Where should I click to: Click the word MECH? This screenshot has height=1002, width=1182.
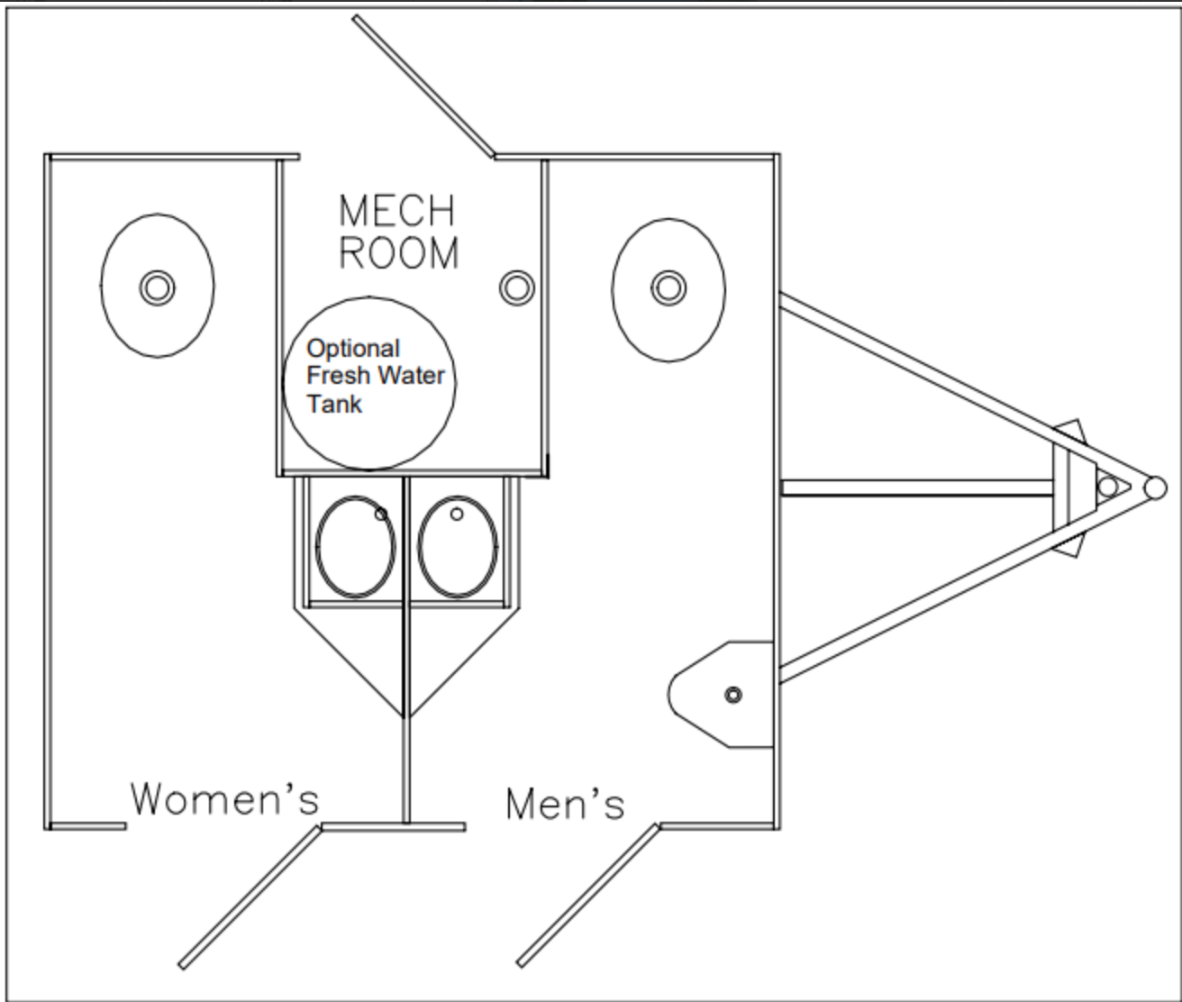[x=397, y=211]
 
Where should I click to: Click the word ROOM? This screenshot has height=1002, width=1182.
[x=399, y=253]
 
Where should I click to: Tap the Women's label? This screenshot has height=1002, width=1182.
[x=224, y=798]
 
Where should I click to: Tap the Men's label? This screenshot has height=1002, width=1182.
[x=565, y=804]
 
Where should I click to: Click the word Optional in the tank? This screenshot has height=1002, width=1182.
[x=353, y=349]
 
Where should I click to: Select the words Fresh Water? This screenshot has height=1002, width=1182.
[x=375, y=376]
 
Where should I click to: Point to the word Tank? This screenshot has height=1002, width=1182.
[x=334, y=404]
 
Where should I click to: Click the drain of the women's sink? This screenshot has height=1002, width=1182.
[x=158, y=287]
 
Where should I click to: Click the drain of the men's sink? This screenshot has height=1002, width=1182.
[x=668, y=287]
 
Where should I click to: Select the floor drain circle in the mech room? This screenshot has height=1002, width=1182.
[x=517, y=287]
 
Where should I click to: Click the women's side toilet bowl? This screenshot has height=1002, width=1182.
[x=355, y=547]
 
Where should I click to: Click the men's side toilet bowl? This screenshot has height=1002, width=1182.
[x=458, y=547]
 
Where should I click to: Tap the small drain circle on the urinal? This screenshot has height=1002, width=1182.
[x=733, y=695]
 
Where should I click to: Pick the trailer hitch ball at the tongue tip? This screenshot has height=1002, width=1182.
[x=1155, y=487]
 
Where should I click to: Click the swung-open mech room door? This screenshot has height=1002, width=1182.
[x=423, y=87]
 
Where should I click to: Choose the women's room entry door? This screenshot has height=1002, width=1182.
[x=250, y=897]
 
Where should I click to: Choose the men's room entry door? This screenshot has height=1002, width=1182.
[x=588, y=896]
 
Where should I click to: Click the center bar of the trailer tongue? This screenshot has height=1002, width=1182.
[x=917, y=487]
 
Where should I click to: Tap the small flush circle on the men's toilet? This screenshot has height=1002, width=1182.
[x=457, y=515]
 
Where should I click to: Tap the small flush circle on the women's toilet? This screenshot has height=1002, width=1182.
[x=381, y=515]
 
